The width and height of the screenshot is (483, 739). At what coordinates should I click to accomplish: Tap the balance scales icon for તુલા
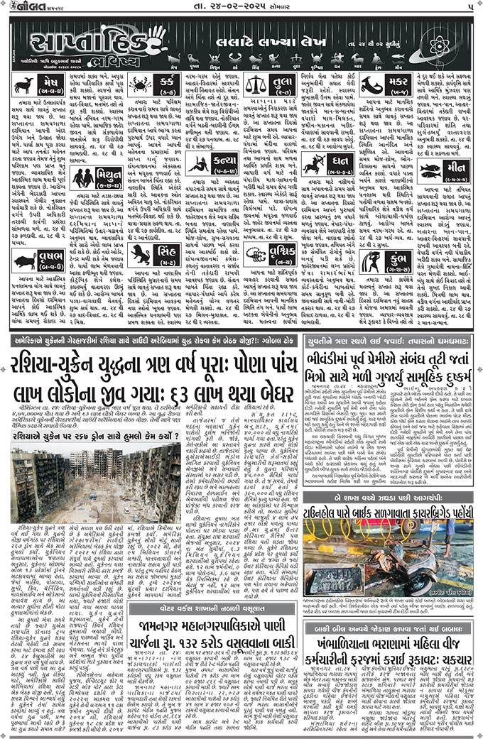(x=253, y=86)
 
